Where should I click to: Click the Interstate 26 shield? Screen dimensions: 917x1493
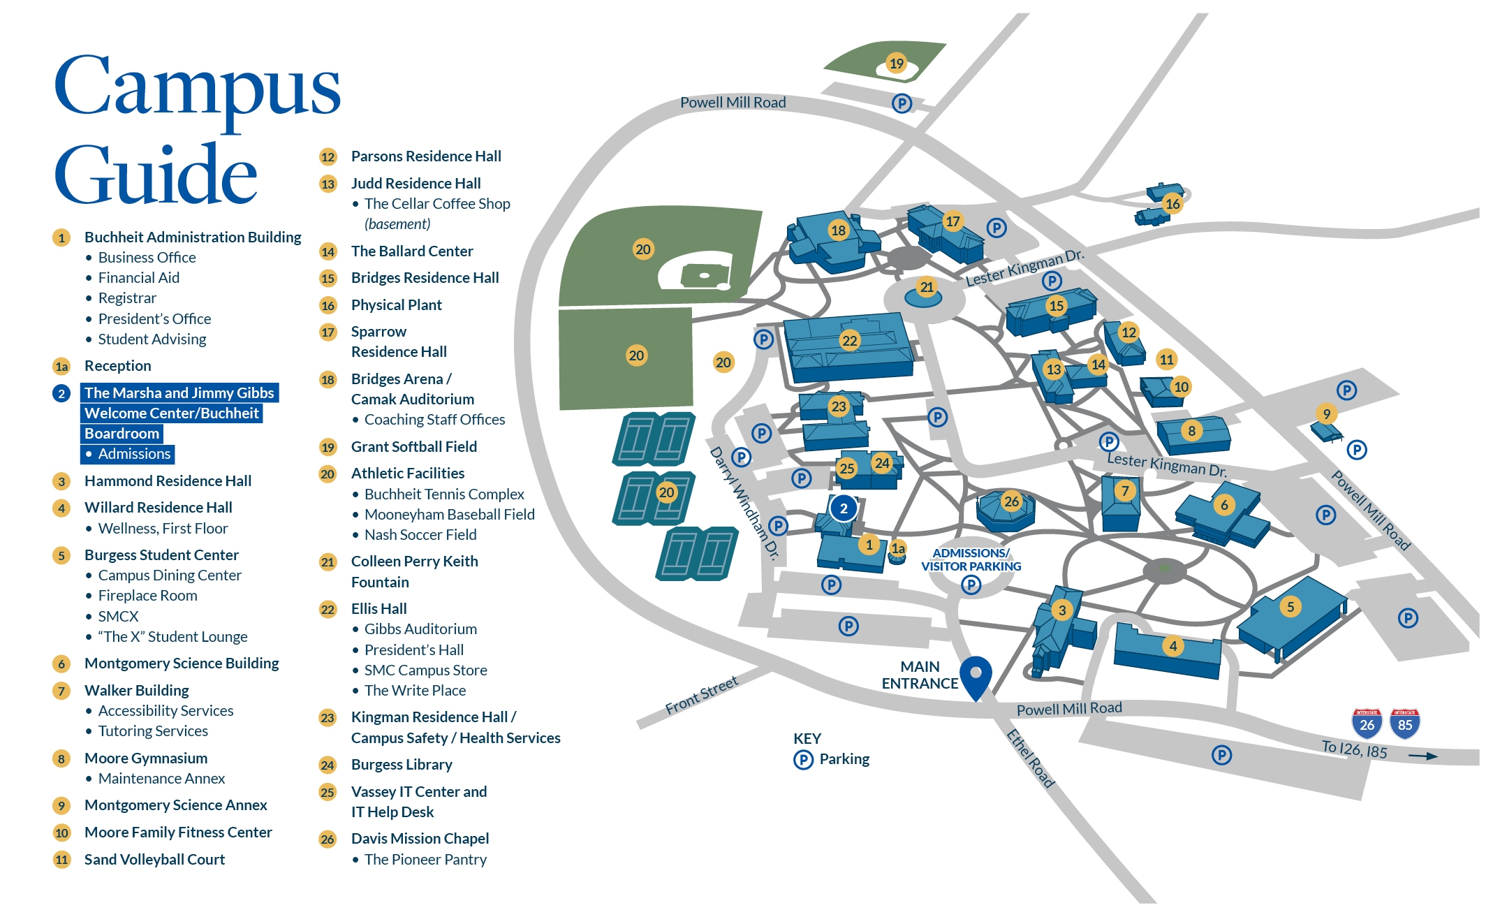[1367, 724]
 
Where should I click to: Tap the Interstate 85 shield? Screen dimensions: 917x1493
[1405, 724]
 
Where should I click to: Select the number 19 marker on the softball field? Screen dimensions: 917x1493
[896, 64]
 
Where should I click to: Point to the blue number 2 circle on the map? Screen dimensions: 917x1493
[844, 508]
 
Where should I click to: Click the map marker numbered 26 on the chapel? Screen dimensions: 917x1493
[1011, 501]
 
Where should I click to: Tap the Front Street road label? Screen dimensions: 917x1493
[701, 695]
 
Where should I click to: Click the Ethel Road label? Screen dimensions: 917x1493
[1030, 758]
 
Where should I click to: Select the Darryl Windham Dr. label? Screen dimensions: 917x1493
[744, 503]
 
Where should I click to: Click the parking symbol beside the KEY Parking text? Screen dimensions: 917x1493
[803, 759]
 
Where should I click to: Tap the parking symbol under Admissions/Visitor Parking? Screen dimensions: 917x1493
[971, 585]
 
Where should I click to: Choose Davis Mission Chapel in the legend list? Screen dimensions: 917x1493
[420, 839]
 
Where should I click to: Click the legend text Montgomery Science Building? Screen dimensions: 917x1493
[182, 663]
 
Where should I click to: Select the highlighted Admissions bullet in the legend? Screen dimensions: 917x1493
[133, 454]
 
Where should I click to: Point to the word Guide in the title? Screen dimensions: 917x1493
[155, 175]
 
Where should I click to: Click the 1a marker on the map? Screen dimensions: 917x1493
[898, 549]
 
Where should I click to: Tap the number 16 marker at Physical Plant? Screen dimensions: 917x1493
[1172, 204]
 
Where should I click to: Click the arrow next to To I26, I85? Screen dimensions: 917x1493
[1422, 756]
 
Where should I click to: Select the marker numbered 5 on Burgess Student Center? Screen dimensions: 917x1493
[1290, 607]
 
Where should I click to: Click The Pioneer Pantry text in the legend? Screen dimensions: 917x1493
[425, 860]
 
